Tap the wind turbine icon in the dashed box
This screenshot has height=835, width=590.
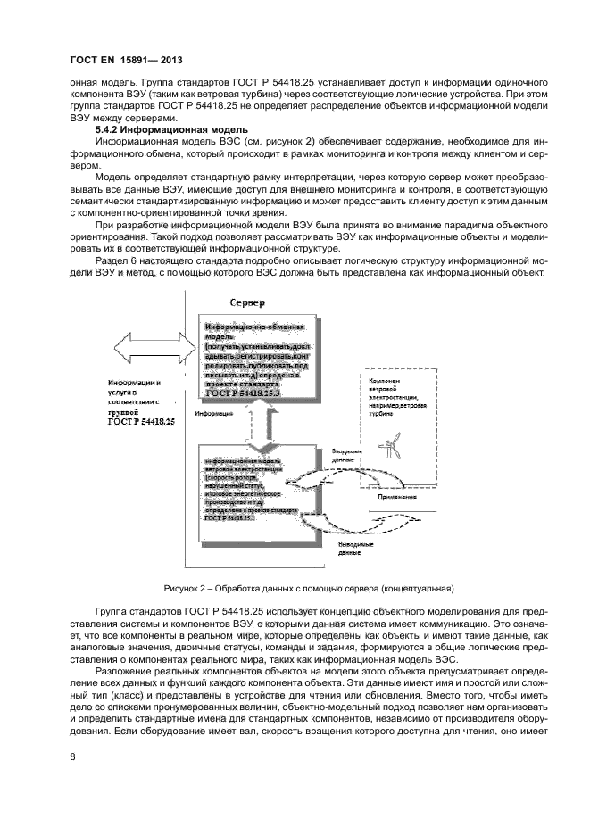pyautogui.click(x=390, y=447)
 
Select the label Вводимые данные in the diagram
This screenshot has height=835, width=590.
pyautogui.click(x=346, y=456)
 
